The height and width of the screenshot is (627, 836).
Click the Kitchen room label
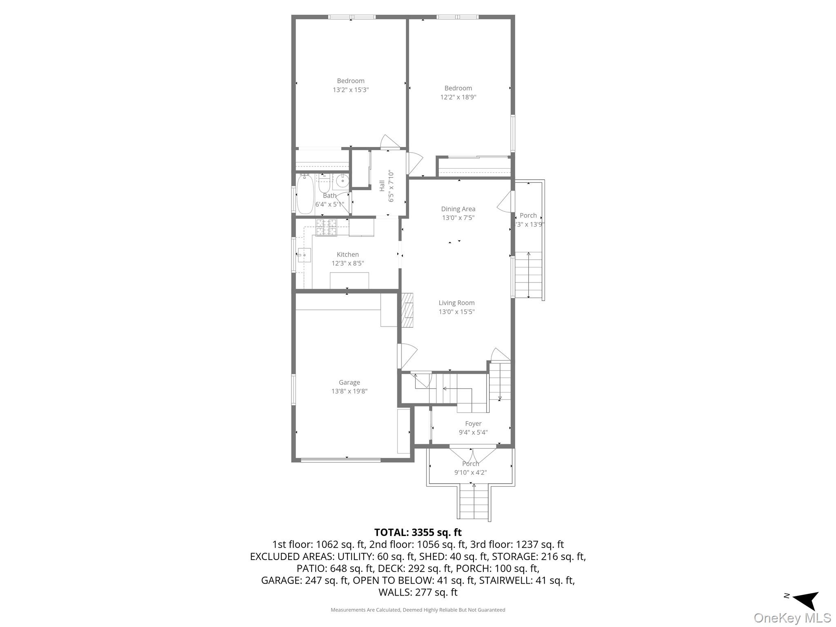coord(347,255)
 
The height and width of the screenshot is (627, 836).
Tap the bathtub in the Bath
coord(305,194)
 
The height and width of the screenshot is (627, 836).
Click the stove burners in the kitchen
coord(326,227)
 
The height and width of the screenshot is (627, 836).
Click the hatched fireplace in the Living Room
coord(407,310)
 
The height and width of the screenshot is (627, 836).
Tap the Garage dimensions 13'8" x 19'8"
coord(349,391)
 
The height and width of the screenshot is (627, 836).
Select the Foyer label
coord(473,424)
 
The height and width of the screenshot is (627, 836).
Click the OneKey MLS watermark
coord(792,618)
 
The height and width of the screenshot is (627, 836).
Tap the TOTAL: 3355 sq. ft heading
coord(418,532)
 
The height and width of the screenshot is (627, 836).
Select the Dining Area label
coord(458,209)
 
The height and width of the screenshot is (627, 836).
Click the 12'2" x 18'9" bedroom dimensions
coord(458,97)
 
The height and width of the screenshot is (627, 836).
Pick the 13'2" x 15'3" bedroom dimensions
coord(350,90)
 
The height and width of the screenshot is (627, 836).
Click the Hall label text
coord(382,186)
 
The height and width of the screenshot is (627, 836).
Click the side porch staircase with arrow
coord(528,275)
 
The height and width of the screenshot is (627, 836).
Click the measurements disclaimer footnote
coord(418,610)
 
